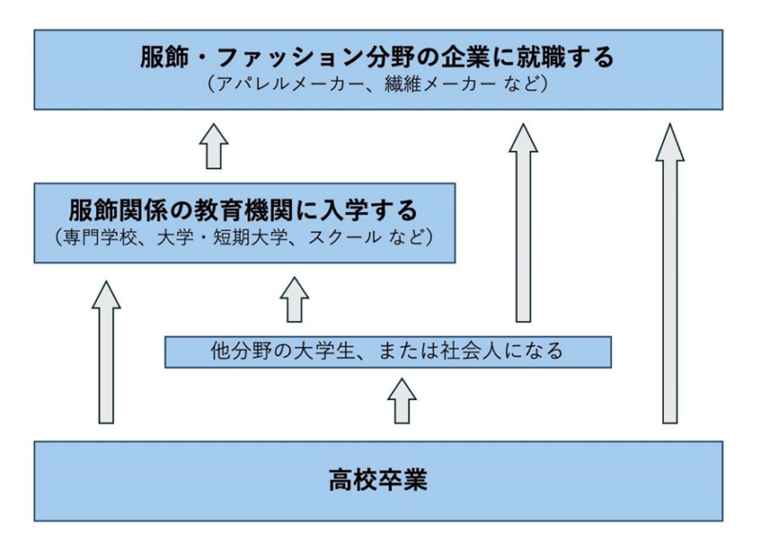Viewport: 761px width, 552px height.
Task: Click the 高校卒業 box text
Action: [379, 480]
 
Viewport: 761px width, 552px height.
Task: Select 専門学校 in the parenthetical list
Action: [92, 236]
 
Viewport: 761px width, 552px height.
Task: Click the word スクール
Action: [347, 236]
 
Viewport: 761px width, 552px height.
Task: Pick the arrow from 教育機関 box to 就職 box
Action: [215, 147]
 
